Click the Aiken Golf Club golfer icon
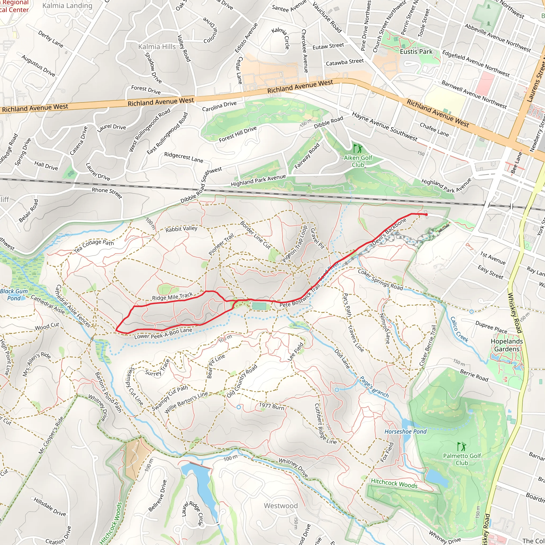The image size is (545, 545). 358,148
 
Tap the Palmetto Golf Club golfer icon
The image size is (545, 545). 462,447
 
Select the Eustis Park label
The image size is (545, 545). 416,52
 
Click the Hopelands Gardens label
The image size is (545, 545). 507,345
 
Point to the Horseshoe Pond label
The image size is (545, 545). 405,431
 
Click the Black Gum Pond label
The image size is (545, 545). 14,295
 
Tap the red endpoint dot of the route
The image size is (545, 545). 426,215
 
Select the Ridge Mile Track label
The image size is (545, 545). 172,296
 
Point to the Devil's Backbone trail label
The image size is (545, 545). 389,232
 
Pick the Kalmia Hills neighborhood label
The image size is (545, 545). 157,47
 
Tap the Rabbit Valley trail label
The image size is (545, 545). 181,229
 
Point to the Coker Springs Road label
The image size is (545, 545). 380,280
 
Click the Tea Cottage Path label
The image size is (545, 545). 94,246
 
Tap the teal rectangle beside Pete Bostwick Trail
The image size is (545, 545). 259,306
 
